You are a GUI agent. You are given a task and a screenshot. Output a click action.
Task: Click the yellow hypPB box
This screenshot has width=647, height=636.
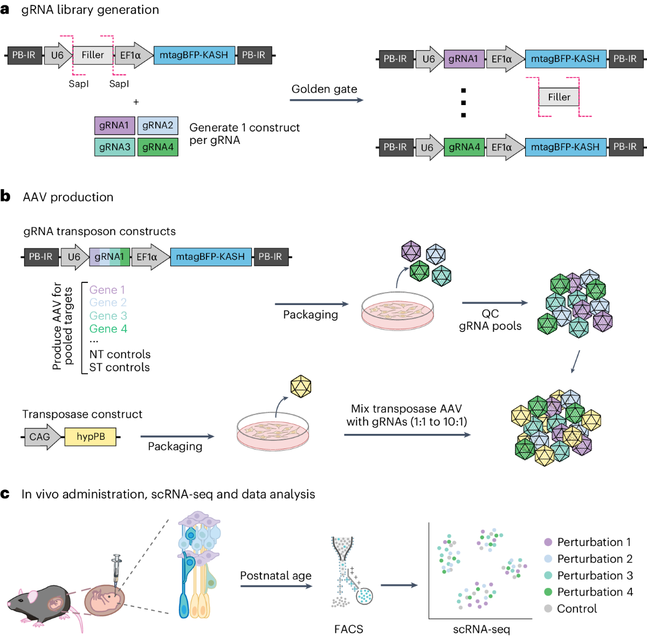[x=90, y=437]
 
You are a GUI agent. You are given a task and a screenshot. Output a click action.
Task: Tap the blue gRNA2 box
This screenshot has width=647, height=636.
[x=157, y=126]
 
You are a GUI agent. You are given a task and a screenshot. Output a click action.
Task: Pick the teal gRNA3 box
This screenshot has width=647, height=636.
[x=114, y=147]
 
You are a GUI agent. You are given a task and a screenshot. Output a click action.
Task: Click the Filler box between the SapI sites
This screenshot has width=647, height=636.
[x=92, y=55]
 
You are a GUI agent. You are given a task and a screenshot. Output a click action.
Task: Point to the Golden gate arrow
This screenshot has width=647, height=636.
[x=326, y=100]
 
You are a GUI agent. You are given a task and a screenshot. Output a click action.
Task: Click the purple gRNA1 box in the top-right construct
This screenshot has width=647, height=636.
[x=463, y=59]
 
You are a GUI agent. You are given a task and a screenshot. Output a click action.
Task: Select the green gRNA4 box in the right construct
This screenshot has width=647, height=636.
[x=464, y=147]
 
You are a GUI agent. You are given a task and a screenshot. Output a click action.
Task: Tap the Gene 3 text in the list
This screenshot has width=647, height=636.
[x=108, y=316]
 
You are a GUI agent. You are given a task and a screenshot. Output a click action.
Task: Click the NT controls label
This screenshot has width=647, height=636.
[x=120, y=355]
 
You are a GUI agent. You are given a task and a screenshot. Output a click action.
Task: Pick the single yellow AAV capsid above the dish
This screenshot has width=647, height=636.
[x=300, y=386]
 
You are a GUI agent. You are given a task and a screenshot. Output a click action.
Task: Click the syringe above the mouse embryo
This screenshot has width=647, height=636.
[x=115, y=569]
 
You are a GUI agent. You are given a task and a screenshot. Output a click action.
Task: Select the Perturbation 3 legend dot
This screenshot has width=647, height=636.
[x=548, y=575]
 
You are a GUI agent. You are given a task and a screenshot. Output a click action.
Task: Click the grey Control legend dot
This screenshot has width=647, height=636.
[x=548, y=609]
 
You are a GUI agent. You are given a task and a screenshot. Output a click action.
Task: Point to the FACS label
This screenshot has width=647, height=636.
[x=348, y=629]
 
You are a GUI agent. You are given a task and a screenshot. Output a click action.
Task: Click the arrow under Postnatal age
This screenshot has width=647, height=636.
[x=276, y=586]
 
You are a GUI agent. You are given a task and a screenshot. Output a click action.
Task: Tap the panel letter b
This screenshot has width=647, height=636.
[x=5, y=196]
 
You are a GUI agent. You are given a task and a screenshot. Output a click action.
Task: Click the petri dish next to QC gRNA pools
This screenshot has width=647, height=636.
[x=397, y=311]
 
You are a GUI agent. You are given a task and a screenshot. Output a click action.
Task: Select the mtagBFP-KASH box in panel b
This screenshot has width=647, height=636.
[x=210, y=257]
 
